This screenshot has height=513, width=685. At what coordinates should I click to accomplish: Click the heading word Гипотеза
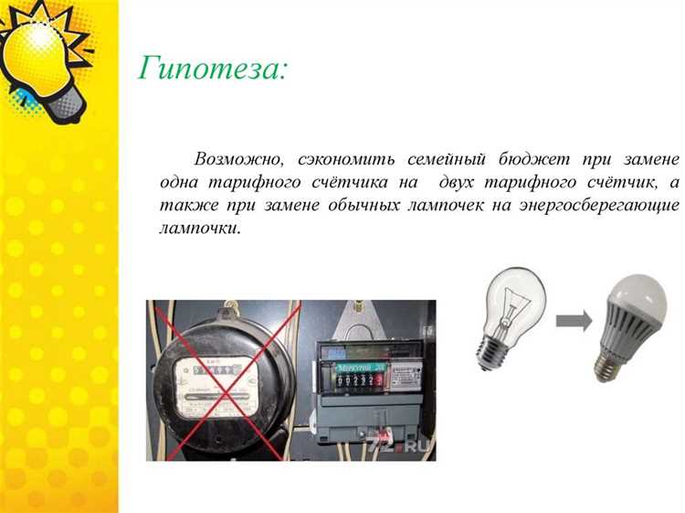(x=213, y=69)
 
